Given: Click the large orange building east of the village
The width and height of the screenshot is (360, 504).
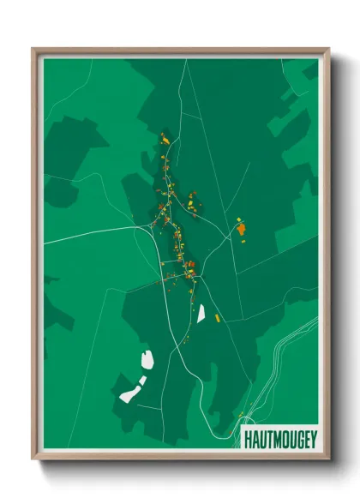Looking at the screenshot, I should pyautogui.click(x=241, y=229).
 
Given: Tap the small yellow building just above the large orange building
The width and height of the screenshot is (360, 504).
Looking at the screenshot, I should pyautogui.click(x=238, y=220).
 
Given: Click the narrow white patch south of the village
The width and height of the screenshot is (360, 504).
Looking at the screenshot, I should pyautogui.click(x=201, y=314).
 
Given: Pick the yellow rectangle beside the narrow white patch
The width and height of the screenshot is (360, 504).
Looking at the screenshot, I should pyautogui.click(x=217, y=318).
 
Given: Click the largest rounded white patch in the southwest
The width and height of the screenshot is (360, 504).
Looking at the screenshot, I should pyautogui.click(x=145, y=359).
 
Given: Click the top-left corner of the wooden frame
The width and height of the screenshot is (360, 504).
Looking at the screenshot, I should pyautogui.click(x=33, y=49).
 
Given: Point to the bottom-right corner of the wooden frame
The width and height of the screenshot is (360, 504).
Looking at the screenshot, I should pyautogui.click(x=328, y=459).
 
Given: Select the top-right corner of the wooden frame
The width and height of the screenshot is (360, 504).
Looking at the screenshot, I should pyautogui.click(x=328, y=49).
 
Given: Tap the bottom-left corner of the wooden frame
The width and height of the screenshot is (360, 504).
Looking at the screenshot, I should pyautogui.click(x=33, y=459).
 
